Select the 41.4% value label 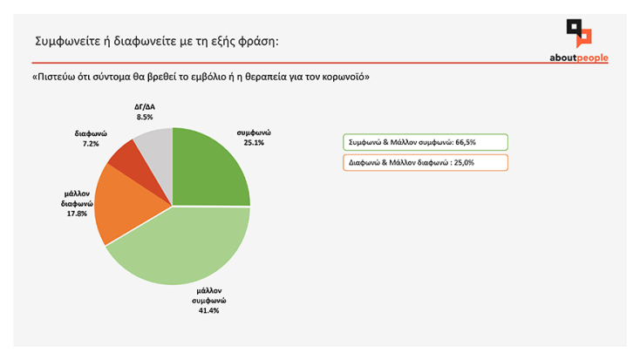[x=208, y=310]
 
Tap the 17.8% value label [x=75, y=214]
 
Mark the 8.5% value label [x=144, y=116]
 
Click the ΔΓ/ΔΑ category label [x=144, y=106]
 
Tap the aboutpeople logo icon [x=579, y=34]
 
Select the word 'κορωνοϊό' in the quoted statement [x=344, y=77]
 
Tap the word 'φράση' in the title [x=259, y=42]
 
